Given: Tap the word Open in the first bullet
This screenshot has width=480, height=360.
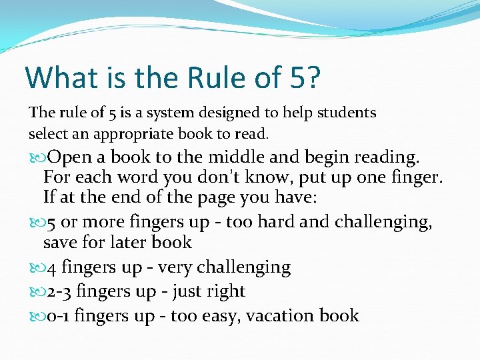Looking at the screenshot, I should [x=70, y=158].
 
